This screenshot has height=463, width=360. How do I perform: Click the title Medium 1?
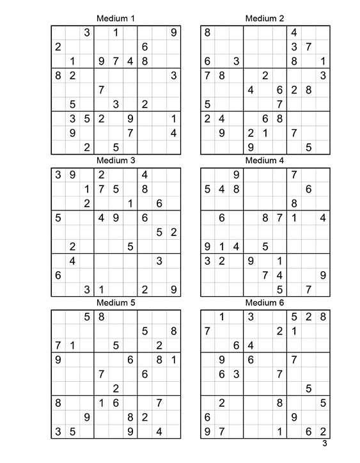click(x=115, y=18)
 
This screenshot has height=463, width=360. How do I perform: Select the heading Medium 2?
click(x=265, y=18)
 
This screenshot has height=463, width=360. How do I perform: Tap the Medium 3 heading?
click(x=115, y=160)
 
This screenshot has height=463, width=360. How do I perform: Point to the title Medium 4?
click(x=265, y=160)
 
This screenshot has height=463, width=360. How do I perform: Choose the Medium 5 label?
click(x=115, y=302)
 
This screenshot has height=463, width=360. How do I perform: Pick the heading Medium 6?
click(x=265, y=302)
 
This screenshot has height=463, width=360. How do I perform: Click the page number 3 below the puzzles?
click(x=324, y=443)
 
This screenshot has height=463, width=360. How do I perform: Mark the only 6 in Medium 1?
click(x=145, y=47)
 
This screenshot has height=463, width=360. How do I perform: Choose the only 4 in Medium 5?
click(x=159, y=431)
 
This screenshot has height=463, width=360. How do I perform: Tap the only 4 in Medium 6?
click(x=251, y=345)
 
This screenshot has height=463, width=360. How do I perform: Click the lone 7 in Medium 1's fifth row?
click(x=102, y=90)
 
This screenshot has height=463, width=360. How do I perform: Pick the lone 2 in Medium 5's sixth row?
click(x=116, y=388)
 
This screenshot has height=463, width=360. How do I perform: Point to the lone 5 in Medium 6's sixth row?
click(x=308, y=388)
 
